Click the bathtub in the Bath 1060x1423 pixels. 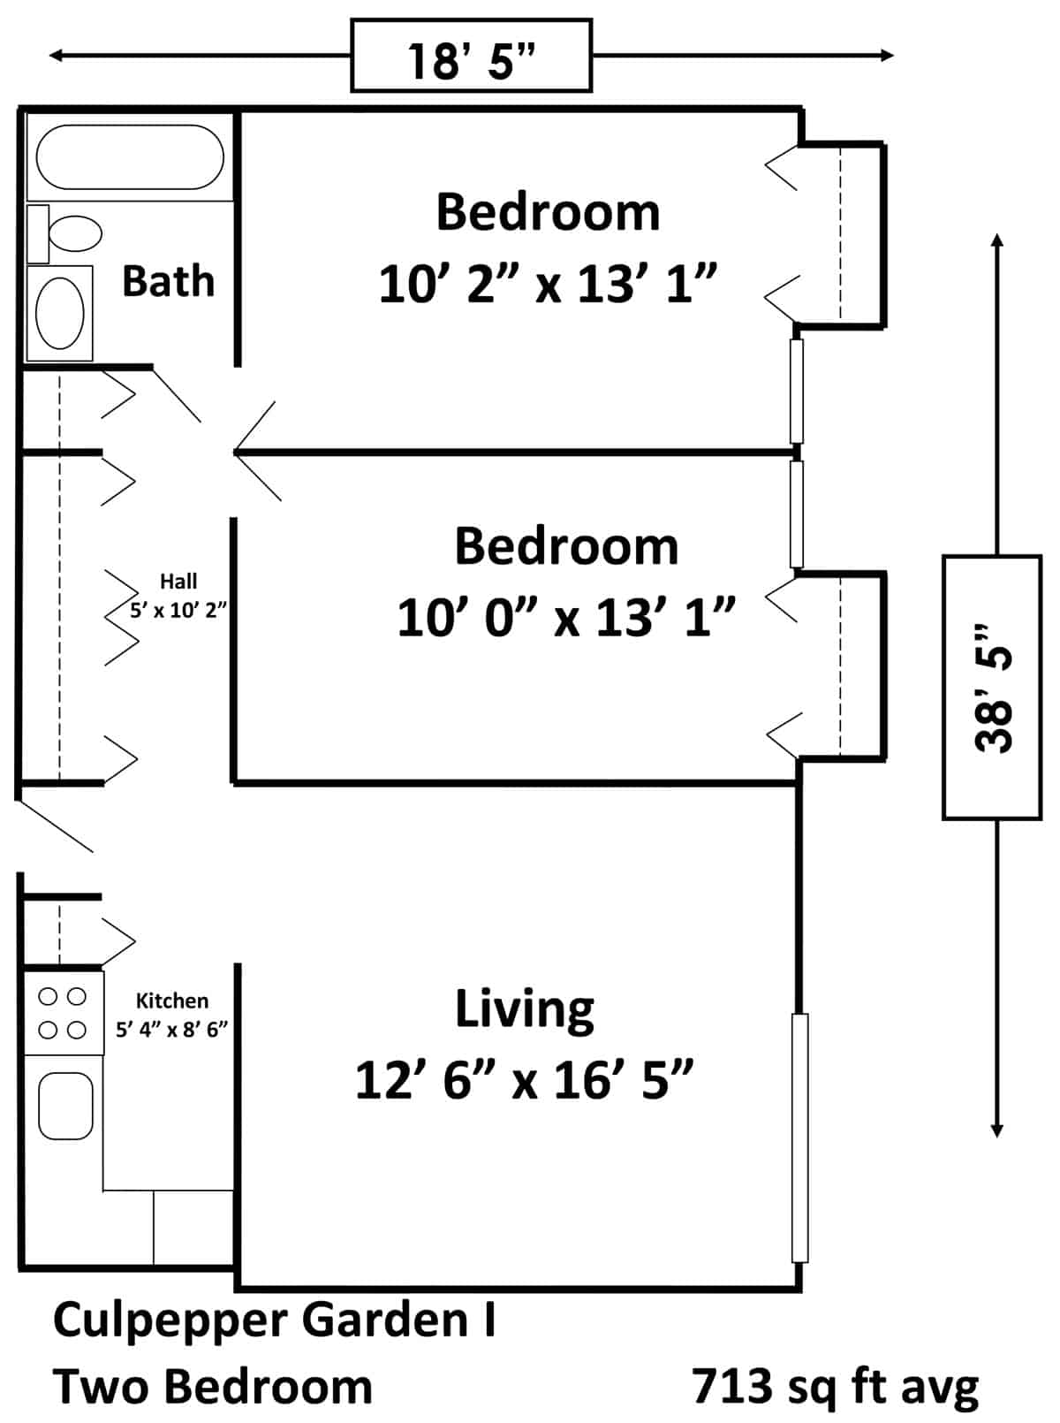(x=130, y=157)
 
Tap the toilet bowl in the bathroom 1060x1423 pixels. (x=75, y=233)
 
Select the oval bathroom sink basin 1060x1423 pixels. (x=59, y=314)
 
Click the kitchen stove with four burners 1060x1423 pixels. (x=64, y=1013)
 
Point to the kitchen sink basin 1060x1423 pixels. (x=65, y=1106)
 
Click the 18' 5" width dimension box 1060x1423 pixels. (x=471, y=56)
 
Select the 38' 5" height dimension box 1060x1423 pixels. (x=992, y=687)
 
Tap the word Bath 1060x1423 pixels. (x=168, y=281)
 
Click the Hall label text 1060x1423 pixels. (x=178, y=581)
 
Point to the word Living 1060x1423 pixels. (x=524, y=1008)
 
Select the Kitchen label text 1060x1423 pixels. (x=171, y=1001)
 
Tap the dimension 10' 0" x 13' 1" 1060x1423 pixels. (x=566, y=618)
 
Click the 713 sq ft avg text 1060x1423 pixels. (x=836, y=1387)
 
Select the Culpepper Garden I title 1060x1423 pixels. (x=274, y=1320)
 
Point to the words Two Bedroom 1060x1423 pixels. (x=213, y=1387)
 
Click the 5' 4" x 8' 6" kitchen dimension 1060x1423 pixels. (x=171, y=1030)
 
